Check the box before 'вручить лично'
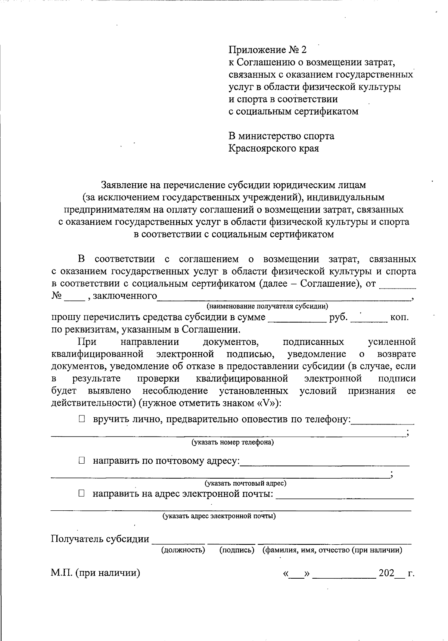pos(82,419)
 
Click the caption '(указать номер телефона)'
pos(233,442)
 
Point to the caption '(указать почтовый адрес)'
pos(245,483)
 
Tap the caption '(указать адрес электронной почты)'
pos(219,516)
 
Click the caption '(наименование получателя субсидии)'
pos(267,307)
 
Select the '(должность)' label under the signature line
pos(183,550)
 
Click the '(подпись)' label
pos(237,550)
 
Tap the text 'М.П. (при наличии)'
pos(95,573)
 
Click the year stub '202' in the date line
pos(386,573)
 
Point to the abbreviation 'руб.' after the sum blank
pos(338,317)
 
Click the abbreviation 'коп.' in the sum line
pos(399,317)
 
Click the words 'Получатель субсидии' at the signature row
pos(100,539)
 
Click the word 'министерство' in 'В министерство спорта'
pos(271,136)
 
